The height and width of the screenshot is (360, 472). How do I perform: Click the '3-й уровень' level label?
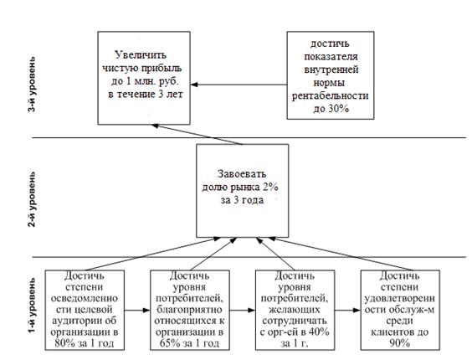(32, 85)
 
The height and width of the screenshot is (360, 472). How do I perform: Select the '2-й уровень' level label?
(32, 199)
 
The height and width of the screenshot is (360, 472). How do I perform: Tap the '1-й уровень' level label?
(32, 306)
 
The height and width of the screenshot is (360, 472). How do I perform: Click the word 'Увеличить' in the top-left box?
(141, 54)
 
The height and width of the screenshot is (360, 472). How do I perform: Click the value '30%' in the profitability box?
(339, 109)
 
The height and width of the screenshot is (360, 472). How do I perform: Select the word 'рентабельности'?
(331, 95)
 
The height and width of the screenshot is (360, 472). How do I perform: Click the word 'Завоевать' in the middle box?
(242, 174)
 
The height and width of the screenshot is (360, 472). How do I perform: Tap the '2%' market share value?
(270, 187)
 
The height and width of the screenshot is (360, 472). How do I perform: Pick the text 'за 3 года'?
(242, 200)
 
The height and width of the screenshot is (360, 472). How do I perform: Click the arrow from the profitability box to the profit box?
(239, 85)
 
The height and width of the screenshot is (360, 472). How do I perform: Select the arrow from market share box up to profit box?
(197, 134)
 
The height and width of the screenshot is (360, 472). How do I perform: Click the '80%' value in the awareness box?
(64, 343)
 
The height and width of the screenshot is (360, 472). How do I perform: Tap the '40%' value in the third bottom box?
(319, 332)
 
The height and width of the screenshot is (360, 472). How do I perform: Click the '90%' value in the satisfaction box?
(400, 343)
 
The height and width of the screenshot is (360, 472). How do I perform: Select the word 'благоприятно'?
(189, 310)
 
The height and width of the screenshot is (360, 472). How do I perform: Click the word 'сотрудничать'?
(295, 321)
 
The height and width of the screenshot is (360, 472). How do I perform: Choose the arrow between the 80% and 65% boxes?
(137, 310)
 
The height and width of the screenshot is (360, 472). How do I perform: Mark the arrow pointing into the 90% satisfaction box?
(347, 310)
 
